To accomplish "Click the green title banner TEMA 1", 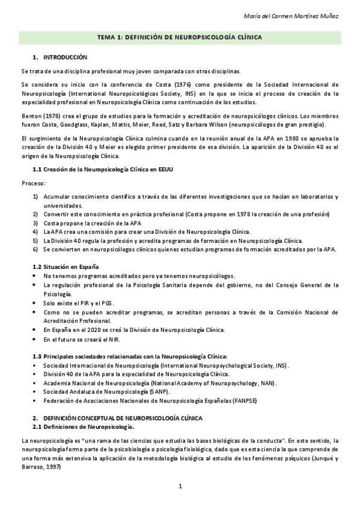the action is click(x=180, y=37).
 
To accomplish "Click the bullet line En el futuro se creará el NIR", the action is click(x=82, y=339).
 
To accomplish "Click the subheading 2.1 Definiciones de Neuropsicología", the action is click(x=83, y=426).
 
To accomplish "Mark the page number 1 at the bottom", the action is click(x=180, y=485).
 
